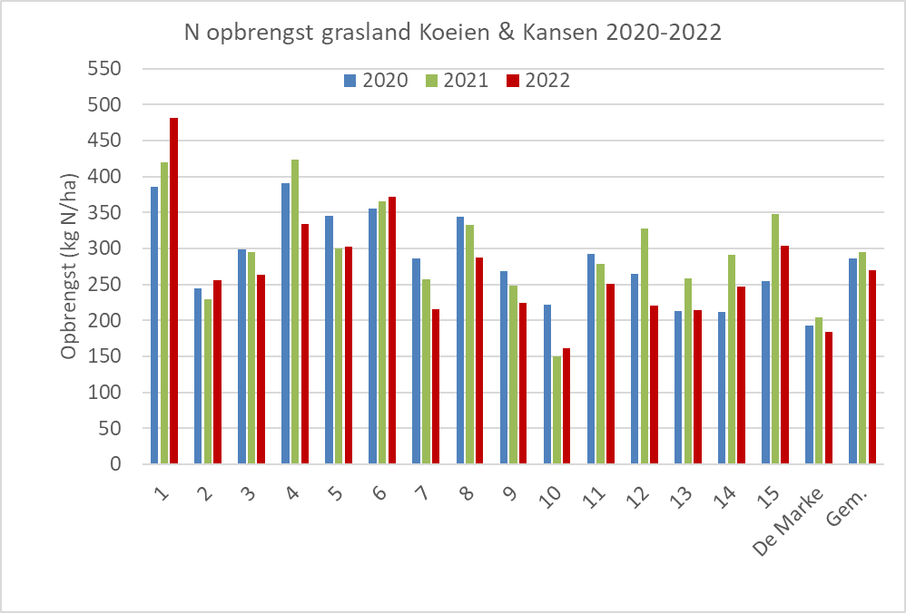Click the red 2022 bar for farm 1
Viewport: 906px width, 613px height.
[x=173, y=290]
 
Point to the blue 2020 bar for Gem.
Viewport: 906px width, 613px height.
[x=852, y=361]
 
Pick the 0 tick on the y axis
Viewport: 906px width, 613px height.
[x=114, y=464]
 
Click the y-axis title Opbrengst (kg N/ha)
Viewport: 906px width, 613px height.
[x=71, y=265]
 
